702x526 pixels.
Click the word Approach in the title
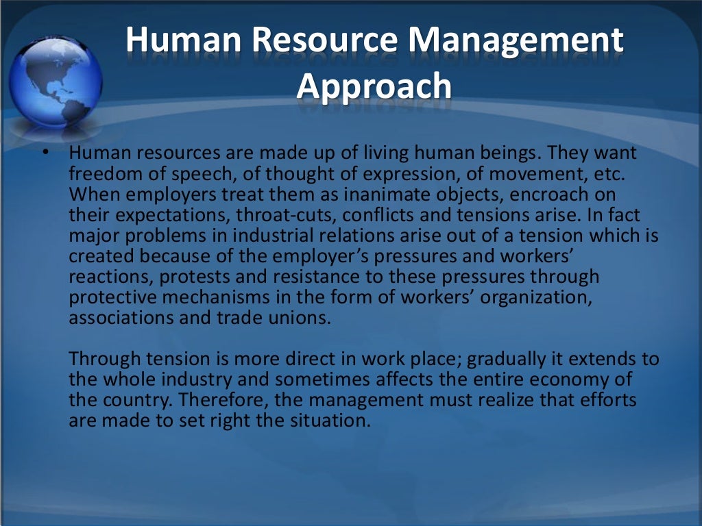pos(375,86)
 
